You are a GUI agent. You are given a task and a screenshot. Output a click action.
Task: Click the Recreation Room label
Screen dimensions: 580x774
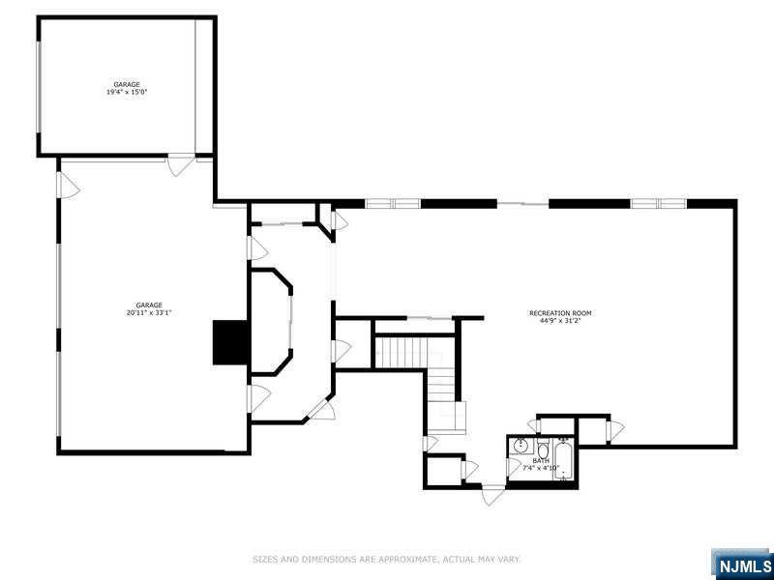point(560,313)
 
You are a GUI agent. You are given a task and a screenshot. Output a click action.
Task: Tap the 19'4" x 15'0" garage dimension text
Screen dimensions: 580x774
point(126,92)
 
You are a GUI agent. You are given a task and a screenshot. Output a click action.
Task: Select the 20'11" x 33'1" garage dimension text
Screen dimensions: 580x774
point(148,312)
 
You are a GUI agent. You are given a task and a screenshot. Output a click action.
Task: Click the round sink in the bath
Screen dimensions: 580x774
point(521,447)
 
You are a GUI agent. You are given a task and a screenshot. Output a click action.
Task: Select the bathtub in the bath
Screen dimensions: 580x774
point(564,459)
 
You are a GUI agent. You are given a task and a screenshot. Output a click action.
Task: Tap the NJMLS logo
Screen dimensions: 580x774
point(743,564)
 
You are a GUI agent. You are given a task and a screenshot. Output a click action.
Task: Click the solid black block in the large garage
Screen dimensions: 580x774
point(230,342)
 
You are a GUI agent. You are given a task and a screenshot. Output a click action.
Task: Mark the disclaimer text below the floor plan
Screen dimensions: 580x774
point(387,559)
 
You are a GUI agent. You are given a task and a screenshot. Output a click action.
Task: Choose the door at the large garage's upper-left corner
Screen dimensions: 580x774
point(66,186)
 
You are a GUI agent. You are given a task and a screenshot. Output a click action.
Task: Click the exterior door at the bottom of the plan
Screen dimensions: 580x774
point(493,494)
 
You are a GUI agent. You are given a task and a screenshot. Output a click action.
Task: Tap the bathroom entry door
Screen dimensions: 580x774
point(533,426)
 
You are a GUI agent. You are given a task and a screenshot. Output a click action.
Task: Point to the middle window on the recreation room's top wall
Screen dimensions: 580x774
point(523,203)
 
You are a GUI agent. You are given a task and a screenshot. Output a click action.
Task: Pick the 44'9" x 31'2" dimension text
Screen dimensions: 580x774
point(560,321)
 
